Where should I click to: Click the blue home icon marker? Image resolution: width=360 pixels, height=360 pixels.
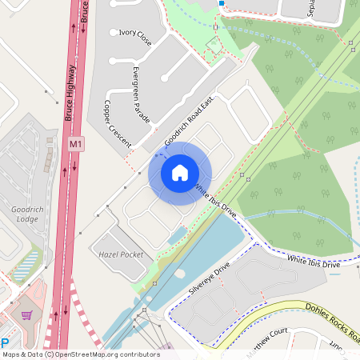[x=180, y=173]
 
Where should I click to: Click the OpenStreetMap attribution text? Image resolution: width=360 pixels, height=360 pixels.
[x=81, y=354]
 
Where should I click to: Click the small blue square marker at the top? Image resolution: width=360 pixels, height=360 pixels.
[x=221, y=3]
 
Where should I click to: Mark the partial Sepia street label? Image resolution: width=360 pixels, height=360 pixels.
[x=311, y=8]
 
